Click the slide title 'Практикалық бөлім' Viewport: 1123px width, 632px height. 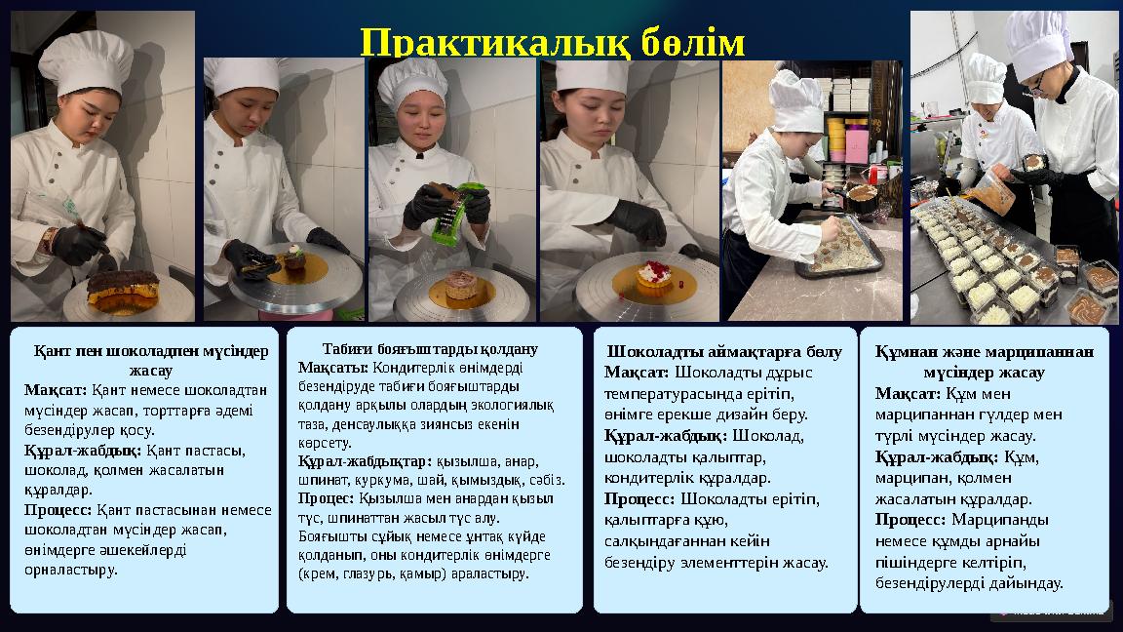point(552,42)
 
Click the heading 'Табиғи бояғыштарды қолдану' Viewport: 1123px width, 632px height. point(430,348)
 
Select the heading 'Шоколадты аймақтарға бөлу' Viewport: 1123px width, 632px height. point(724,351)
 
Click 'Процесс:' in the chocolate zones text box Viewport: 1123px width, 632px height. point(639,498)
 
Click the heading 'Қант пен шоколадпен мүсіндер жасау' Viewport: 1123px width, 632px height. point(150,360)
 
